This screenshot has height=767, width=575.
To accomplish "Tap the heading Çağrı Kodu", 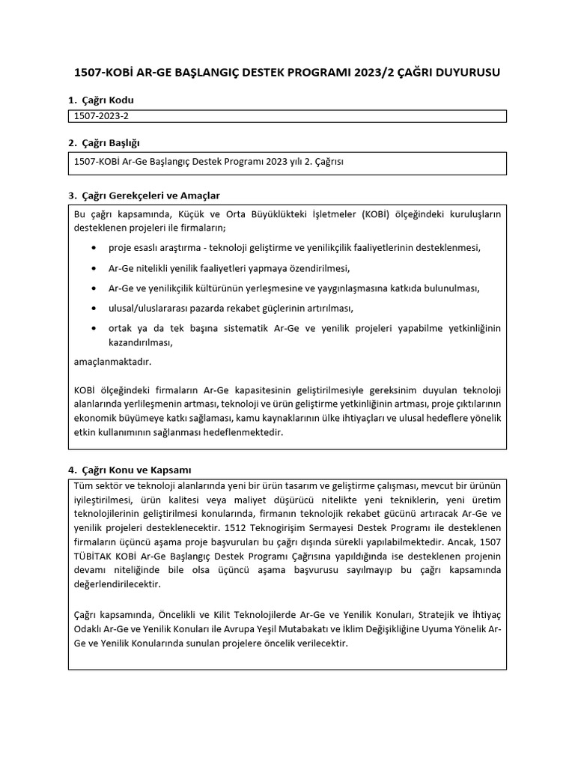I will click(107, 100).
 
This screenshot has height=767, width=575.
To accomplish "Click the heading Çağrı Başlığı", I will click(110, 142).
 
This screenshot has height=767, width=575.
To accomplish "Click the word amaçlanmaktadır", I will click(112, 362).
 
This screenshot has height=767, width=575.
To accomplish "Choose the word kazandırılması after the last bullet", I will click(141, 342).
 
